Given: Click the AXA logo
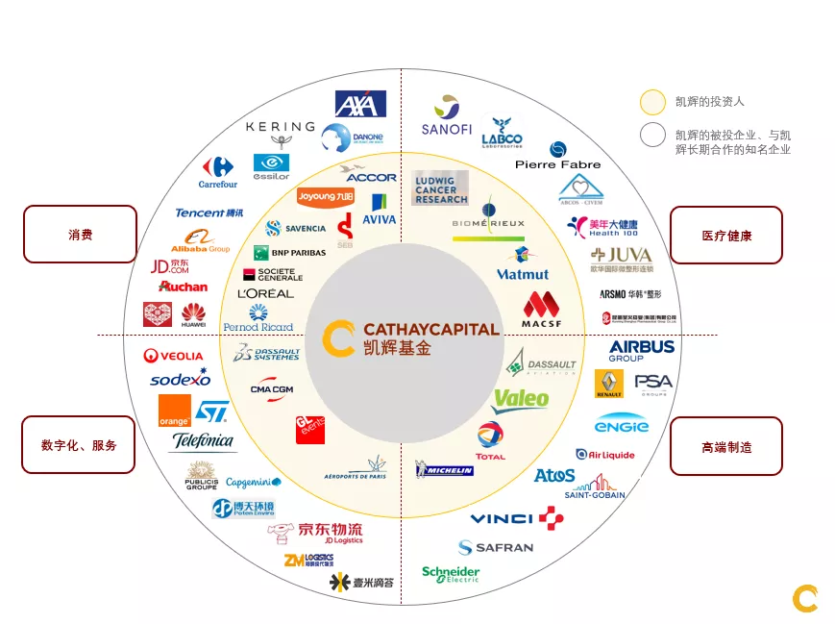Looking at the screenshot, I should [x=360, y=104].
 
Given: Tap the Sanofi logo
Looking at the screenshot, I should [x=447, y=116].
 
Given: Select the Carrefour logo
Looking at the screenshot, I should [x=218, y=172].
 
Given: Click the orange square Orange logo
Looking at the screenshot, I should [x=175, y=411].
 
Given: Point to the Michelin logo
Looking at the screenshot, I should [x=444, y=469].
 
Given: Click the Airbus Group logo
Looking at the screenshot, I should [x=642, y=350].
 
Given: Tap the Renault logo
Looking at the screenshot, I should [x=609, y=384].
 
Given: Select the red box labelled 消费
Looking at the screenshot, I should [x=80, y=234].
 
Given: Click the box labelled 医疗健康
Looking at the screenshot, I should [x=725, y=235].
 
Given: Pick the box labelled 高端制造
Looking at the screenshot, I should [x=725, y=446].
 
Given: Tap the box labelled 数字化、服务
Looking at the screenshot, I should [x=79, y=445].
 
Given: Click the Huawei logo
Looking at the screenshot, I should [x=193, y=313].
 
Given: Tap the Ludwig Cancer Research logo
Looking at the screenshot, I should [x=440, y=188].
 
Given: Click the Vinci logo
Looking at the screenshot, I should [x=517, y=519].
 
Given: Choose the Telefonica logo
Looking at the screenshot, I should [x=203, y=441].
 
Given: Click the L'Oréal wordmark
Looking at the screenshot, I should [x=265, y=293].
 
